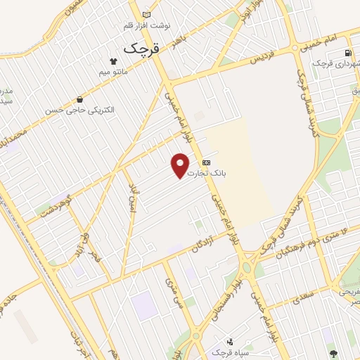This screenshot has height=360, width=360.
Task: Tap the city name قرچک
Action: (x=141, y=49)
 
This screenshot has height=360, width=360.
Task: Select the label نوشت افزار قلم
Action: (x=146, y=26)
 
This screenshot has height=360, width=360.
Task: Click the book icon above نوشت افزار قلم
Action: (x=146, y=15)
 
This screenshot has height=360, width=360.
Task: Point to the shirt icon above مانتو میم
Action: (x=114, y=60)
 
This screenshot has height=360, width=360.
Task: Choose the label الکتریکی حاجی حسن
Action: (x=79, y=110)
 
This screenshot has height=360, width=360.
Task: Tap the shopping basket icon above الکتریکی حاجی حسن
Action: (x=79, y=100)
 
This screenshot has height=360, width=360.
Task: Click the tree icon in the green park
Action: (x=333, y=353)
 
